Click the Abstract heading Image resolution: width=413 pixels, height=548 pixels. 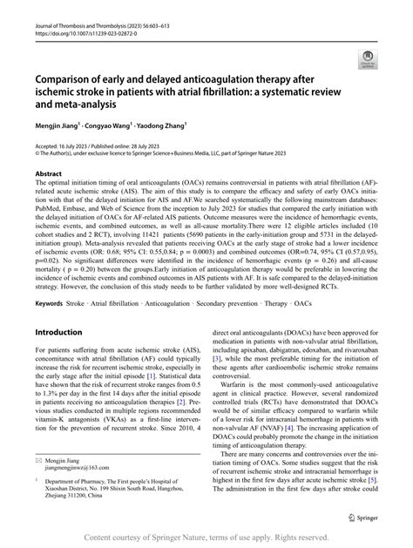tap(49, 174)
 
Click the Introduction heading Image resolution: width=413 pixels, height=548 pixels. tap(64, 308)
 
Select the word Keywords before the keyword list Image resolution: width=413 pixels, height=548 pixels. tap(51, 279)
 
